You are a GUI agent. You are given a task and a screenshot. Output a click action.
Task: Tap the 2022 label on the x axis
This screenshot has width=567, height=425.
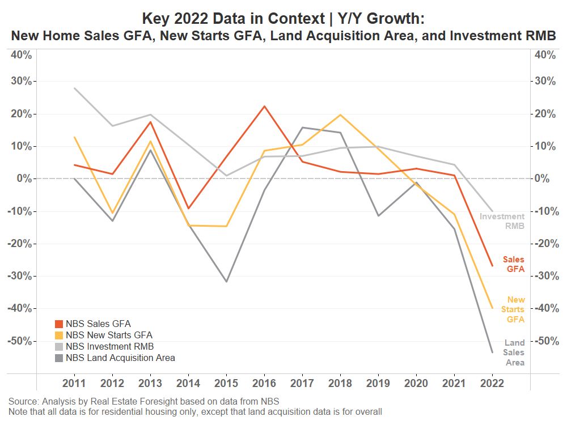coord(492,382)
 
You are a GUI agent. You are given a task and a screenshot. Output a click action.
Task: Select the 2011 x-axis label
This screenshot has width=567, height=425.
coord(74,382)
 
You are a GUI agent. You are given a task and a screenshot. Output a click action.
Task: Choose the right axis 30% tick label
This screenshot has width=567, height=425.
coord(545,81)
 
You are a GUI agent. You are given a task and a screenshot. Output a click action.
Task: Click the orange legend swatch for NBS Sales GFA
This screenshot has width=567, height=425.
coord(58,324)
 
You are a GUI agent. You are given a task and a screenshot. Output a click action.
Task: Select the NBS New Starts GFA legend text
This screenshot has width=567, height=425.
coord(109,335)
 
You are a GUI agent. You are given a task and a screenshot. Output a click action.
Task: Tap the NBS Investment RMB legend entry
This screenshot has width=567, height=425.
coord(109,347)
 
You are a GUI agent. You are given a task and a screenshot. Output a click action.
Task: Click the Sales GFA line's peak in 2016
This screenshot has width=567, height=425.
coord(264,106)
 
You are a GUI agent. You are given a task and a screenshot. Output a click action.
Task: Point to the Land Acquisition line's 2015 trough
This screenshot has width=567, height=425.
coord(226,282)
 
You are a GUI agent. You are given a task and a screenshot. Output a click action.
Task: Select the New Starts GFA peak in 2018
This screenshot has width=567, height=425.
coord(340,115)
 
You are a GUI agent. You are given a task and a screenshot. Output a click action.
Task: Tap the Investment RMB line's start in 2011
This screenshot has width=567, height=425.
coord(75,88)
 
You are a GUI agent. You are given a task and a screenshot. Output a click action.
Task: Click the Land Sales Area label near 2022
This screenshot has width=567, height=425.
coord(514,352)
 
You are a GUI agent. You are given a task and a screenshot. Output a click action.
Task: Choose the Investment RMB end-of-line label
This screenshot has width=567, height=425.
coord(502,221)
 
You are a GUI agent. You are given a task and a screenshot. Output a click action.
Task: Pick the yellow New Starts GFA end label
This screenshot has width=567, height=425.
coord(515,309)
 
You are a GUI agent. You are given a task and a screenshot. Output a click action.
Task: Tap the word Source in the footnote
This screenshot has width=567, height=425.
coord(22,402)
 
